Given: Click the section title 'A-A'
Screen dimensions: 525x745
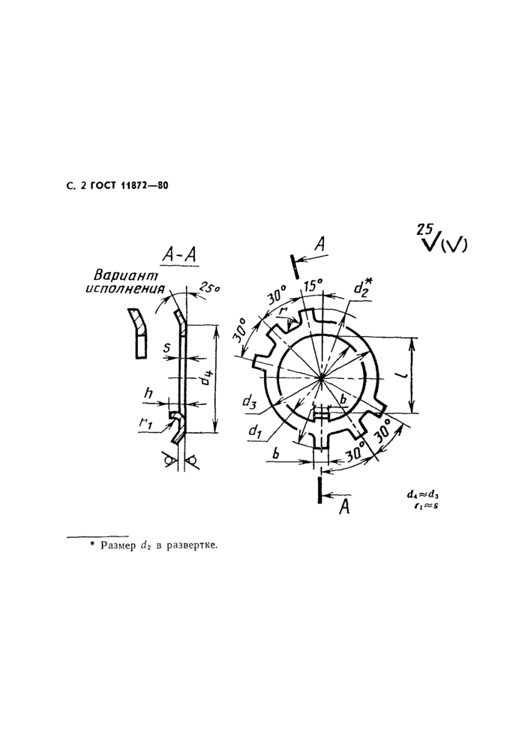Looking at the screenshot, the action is (179, 256).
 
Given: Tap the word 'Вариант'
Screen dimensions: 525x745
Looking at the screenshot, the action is (125, 275).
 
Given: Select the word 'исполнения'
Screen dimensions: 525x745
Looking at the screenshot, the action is (125, 288).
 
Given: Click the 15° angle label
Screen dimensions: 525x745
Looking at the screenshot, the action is (313, 286).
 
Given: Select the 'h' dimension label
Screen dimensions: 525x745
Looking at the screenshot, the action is (149, 393).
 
